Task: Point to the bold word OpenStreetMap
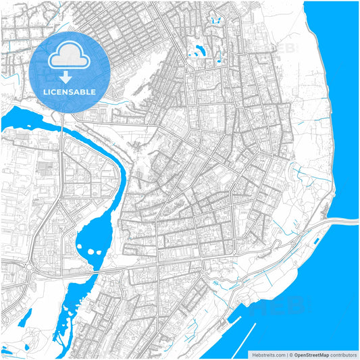(311, 354)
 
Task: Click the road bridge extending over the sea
(341, 222)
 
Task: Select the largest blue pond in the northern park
(197, 50)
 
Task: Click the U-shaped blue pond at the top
(217, 21)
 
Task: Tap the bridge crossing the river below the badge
(62, 122)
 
